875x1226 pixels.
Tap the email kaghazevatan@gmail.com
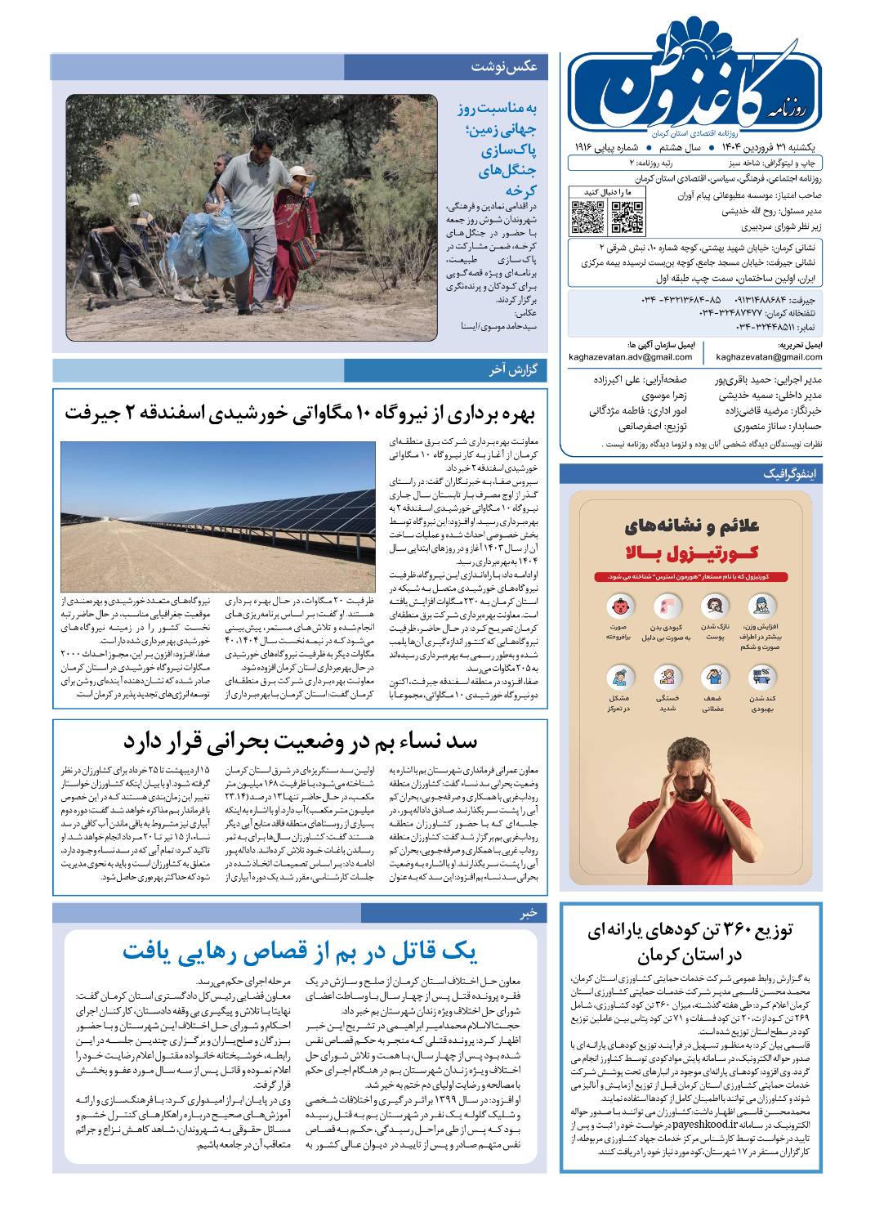click(769, 357)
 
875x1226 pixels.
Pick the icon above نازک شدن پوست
click(716, 606)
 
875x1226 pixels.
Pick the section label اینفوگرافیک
click(792, 474)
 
